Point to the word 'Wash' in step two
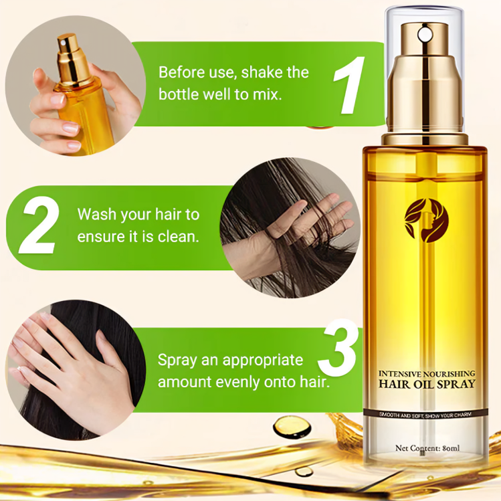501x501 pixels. click(96, 215)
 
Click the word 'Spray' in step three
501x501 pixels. click(177, 360)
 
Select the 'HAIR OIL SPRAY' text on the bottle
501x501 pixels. click(427, 384)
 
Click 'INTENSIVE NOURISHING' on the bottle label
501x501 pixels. click(427, 373)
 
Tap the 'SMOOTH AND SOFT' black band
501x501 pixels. click(426, 414)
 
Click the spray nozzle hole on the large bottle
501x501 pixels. click(423, 32)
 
